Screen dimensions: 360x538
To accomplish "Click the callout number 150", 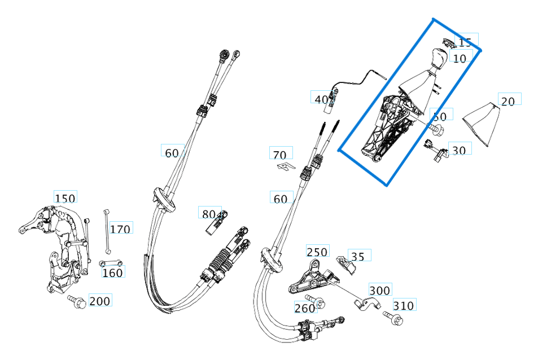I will coord(65,198).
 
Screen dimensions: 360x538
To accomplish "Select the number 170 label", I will coord(120,229).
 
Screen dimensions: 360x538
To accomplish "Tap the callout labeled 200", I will coord(100,301).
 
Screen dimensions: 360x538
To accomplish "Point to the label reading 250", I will coord(317,252).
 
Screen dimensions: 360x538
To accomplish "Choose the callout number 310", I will coord(403,306).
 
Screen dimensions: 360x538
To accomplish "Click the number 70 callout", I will coord(279,155).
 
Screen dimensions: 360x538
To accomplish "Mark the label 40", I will coord(321,99).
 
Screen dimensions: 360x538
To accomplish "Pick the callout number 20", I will coord(508,101).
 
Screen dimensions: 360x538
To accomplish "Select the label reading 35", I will coord(358,257).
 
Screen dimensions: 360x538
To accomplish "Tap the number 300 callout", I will coord(379,291).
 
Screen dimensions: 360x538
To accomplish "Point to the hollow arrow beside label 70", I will coord(286,166).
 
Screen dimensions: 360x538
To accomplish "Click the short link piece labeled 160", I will coord(112,263).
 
